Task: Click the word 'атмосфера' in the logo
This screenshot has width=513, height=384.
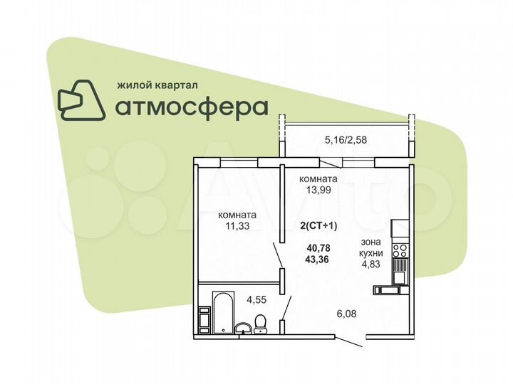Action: [192, 107]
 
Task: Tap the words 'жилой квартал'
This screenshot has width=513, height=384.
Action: [157, 84]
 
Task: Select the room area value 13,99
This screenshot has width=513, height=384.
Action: [318, 191]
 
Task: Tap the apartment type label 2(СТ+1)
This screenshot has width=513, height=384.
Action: [318, 225]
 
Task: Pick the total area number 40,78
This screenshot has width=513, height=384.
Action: [318, 247]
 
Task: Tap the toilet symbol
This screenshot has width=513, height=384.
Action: [261, 324]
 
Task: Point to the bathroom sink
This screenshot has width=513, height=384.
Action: [244, 327]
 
